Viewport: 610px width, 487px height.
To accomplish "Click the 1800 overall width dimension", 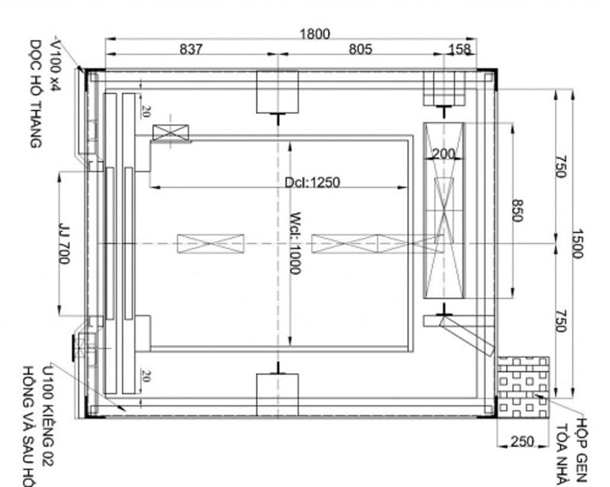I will click(314, 34).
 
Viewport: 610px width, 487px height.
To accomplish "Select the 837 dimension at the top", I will click(191, 50).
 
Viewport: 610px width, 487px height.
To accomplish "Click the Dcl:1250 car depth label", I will click(312, 182).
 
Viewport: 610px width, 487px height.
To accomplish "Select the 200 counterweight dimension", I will click(443, 154).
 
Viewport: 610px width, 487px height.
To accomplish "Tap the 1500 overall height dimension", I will click(577, 243).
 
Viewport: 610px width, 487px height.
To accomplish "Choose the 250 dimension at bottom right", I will click(522, 441).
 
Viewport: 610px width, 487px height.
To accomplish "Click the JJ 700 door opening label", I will click(63, 243).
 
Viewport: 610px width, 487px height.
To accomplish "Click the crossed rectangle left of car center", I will click(210, 243).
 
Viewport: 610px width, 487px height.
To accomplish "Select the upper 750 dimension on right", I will click(560, 166).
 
